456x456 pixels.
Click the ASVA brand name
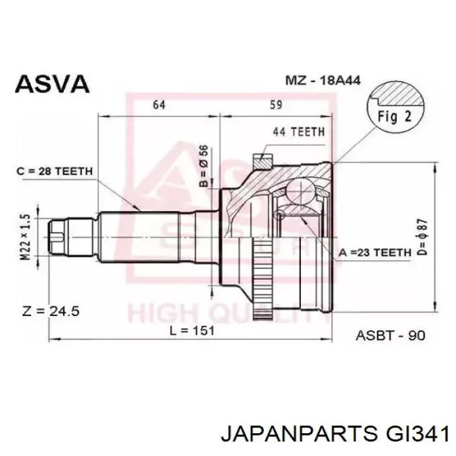tap(52, 84)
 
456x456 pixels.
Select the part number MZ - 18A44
tap(323, 80)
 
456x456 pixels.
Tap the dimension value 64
tap(160, 105)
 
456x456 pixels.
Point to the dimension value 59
tap(276, 105)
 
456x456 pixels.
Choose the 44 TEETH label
tap(298, 132)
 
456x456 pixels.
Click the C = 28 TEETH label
tap(55, 171)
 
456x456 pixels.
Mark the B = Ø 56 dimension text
tap(204, 165)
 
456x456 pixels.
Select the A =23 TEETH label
tap(375, 253)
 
